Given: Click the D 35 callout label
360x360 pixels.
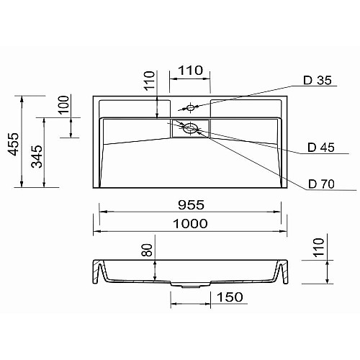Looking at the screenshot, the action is [x=318, y=81].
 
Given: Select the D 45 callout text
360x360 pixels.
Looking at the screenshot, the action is [x=321, y=148].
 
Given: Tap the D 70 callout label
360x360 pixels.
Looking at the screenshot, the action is [x=321, y=184].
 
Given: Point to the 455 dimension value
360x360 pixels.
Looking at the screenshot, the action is [x=13, y=144].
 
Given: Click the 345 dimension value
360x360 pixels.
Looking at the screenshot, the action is [x=37, y=156].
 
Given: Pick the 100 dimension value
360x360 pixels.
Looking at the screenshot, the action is [x=63, y=104].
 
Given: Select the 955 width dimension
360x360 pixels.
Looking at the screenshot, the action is [x=191, y=205].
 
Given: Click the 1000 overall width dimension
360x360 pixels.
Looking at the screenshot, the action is [x=190, y=224].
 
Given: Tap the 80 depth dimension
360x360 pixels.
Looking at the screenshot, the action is [x=147, y=250].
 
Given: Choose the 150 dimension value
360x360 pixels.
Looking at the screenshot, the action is [x=230, y=297].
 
